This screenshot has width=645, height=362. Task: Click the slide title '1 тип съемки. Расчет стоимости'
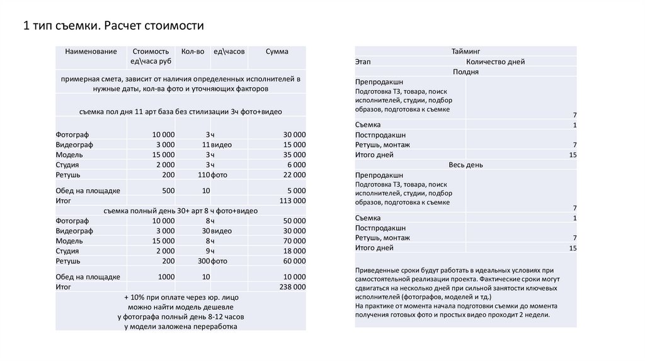tap(114, 26)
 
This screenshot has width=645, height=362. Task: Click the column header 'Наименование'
tap(91, 52)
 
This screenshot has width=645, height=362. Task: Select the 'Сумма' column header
tap(277, 52)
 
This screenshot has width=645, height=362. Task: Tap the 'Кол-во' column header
tap(192, 52)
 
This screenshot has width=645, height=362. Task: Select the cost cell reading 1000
tap(166, 277)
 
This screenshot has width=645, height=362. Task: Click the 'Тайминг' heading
tap(465, 51)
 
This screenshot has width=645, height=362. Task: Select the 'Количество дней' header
tap(495, 62)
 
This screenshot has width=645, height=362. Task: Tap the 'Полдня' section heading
tap(465, 72)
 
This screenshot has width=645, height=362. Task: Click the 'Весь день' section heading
tap(465, 165)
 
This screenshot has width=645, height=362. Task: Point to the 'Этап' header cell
tap(363, 62)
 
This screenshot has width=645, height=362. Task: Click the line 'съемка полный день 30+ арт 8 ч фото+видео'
tap(180, 211)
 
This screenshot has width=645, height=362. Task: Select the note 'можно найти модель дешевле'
tap(180, 306)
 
